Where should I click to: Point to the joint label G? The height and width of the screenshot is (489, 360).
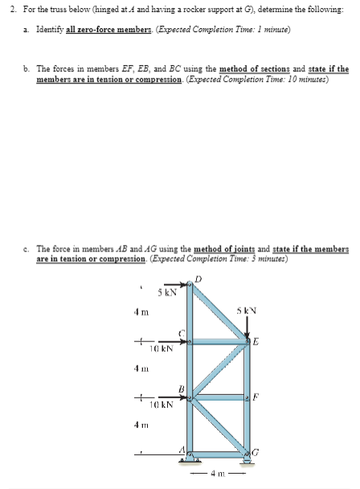coord(256,455)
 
